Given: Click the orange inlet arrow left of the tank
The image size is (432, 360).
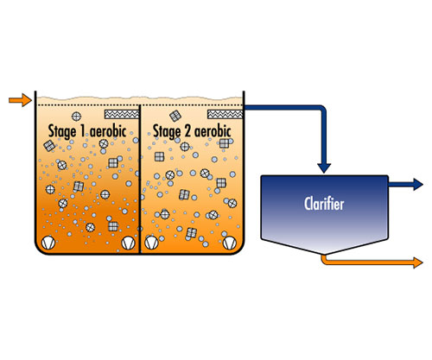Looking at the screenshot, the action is [20, 100].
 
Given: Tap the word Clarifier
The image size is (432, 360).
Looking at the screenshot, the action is [324, 204].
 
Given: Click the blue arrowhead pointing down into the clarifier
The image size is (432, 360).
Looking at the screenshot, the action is [324, 168].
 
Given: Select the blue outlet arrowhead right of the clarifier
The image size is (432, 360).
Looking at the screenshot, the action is [418, 184].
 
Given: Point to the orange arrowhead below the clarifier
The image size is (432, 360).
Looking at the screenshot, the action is [418, 262].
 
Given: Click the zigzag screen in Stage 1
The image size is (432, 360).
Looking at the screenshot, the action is [122, 114].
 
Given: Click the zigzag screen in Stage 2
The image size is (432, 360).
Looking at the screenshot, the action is [226, 114].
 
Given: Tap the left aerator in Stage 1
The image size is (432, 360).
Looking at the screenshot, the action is [48, 243].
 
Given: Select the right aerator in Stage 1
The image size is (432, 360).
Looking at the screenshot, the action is [128, 243].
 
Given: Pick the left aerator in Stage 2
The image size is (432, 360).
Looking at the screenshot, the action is [151, 243].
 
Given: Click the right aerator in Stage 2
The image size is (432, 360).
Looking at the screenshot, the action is [230, 243].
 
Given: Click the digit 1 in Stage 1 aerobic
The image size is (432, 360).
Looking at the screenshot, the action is [83, 131].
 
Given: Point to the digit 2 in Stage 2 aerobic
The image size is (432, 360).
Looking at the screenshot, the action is [187, 131].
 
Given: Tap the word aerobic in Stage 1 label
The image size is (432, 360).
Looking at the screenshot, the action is [108, 131].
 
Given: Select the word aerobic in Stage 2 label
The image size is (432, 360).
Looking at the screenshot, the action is [213, 131].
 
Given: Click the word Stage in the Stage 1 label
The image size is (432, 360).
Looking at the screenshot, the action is [62, 132].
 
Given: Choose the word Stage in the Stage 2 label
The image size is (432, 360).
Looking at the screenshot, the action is [167, 132].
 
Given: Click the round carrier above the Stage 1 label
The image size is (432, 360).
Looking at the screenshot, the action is [76, 117].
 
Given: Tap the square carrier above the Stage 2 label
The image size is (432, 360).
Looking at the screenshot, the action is [175, 116].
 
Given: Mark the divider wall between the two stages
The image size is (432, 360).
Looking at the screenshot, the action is [140, 179].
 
